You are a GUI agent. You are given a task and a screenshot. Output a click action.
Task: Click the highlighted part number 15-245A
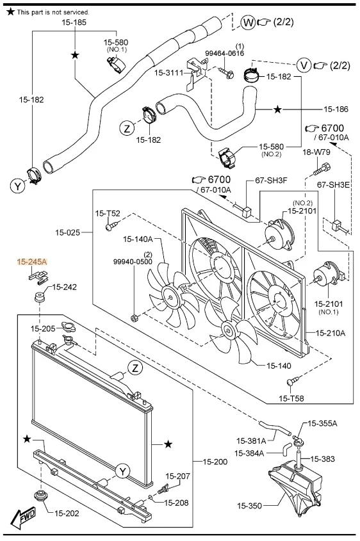pos(32,262)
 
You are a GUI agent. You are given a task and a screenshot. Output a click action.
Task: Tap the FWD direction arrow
pos(23,516)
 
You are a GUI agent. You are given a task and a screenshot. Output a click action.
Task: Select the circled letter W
pos(248,23)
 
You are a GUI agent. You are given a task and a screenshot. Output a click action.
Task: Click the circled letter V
pos(304,65)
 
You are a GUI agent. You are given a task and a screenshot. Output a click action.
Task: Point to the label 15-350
pos(249,506)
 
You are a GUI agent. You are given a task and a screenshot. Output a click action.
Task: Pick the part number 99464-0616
pos(224,53)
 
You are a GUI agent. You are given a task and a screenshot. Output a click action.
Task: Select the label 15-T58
pos(291,398)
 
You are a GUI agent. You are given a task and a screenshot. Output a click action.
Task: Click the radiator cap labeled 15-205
pos(67,326)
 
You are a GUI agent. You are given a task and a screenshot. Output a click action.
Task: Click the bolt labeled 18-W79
pos(322,169)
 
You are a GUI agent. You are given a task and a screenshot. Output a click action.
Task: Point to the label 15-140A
pos(138,239)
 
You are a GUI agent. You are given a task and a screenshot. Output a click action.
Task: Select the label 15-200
pos(215,462)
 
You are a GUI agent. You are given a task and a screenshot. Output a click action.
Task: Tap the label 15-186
pos(336,109)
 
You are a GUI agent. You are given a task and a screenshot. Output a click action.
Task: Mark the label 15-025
pos(68,232)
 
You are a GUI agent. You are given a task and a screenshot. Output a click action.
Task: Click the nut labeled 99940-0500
pos(135,318)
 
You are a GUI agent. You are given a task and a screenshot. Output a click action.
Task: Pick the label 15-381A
pos(251,440)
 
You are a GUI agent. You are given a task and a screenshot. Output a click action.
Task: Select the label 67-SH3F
pos(272,180)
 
